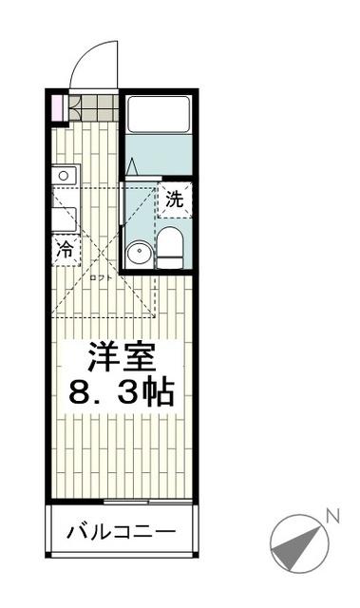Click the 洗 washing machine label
174,199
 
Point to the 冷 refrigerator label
66,251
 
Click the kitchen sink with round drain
65,175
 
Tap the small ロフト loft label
100,277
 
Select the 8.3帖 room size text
122,391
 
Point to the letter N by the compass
332,516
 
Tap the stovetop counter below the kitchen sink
65,217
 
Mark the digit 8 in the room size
80,391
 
